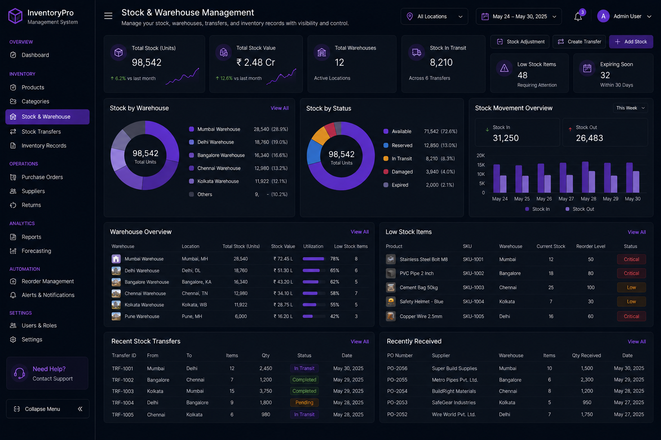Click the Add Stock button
click(x=631, y=42)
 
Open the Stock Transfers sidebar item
click(x=41, y=132)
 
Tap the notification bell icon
click(x=578, y=17)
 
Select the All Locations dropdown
click(x=434, y=16)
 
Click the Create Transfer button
click(x=579, y=42)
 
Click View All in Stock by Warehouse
click(x=279, y=108)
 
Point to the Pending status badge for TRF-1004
click(x=304, y=403)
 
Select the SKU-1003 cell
click(x=473, y=287)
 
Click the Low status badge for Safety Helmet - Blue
click(x=631, y=302)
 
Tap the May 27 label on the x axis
click(x=566, y=199)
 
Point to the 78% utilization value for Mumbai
click(x=335, y=259)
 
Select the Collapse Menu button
click(x=48, y=409)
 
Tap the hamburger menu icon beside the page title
click(x=108, y=16)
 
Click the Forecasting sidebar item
click(x=36, y=251)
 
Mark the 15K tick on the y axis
click(x=481, y=165)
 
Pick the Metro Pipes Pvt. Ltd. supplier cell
click(x=455, y=380)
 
